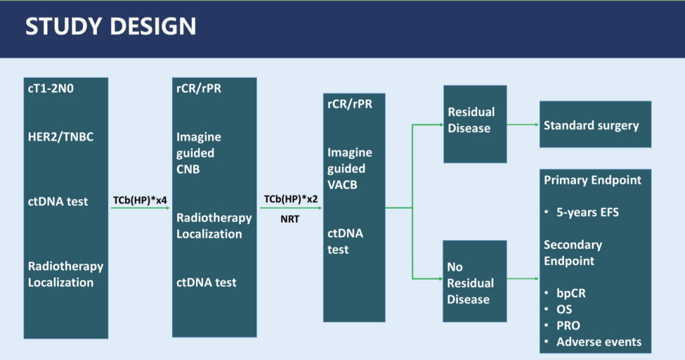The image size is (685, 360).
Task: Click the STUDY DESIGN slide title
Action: coord(110,27)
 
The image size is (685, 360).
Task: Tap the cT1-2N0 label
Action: coord(51,88)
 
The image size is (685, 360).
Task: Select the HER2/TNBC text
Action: coord(60,136)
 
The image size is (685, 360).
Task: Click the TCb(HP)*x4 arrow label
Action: coord(141,200)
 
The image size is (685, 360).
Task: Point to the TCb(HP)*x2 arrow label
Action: coord(291,199)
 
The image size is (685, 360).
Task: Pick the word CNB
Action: coord(188,169)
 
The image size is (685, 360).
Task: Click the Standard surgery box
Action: coord(594,125)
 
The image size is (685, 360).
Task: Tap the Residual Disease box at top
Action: coord(475,120)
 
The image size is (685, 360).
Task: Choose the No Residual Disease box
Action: coord(475,283)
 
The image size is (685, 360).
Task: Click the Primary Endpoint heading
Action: coord(592,180)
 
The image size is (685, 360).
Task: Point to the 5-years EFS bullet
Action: coord(587,212)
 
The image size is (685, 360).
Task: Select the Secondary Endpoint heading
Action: coord(573,252)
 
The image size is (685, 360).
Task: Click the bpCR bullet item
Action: coord(571,293)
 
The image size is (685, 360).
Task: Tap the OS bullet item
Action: coord(564,309)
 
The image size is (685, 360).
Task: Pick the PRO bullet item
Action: coord(568,326)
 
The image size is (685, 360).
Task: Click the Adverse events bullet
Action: coord(599,342)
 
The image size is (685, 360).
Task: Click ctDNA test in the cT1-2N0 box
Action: coord(58,202)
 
